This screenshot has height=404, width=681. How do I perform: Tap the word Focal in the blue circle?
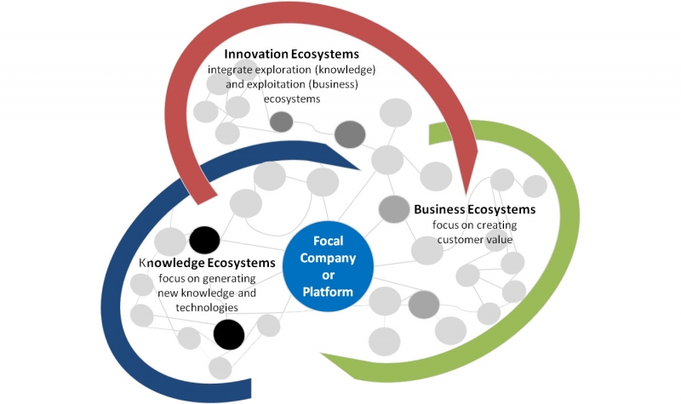click(x=329, y=241)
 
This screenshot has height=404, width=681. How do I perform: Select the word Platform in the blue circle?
click(x=329, y=293)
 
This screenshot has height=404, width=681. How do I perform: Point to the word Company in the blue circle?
click(x=329, y=259)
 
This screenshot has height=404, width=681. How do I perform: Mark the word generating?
click(x=230, y=279)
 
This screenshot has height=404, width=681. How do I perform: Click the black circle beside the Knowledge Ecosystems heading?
click(x=204, y=240)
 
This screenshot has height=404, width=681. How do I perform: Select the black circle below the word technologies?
click(x=228, y=334)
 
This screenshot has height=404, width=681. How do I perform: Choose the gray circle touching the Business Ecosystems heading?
click(x=394, y=208)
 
